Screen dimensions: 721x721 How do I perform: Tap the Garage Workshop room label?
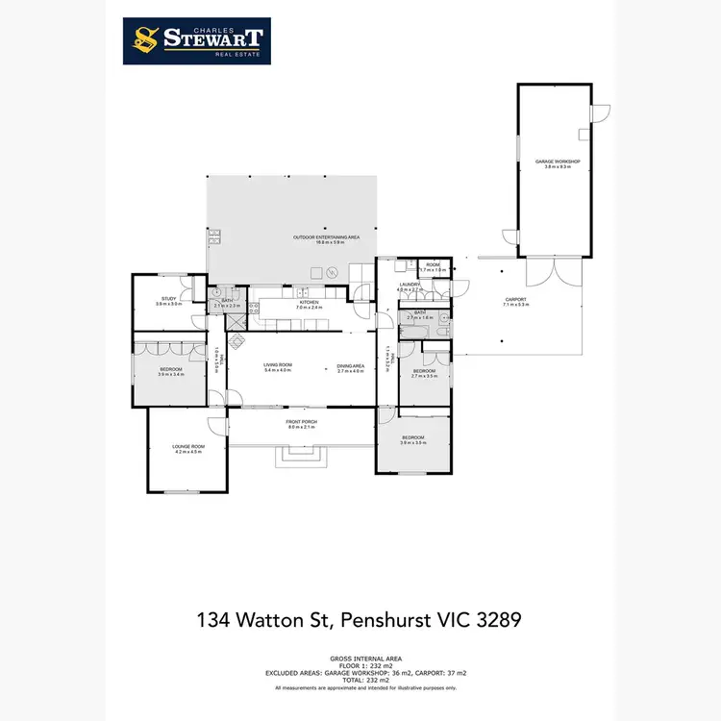pyautogui.click(x=558, y=163)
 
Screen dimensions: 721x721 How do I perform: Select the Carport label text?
pyautogui.click(x=517, y=303)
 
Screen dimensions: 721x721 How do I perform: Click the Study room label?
pyautogui.click(x=169, y=301)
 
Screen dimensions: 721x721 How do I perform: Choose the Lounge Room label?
pyautogui.click(x=188, y=449)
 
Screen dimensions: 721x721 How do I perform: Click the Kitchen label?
pyautogui.click(x=309, y=305)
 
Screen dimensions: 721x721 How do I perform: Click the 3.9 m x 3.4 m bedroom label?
pyautogui.click(x=170, y=371)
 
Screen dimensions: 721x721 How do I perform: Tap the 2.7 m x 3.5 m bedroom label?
pyautogui.click(x=424, y=373)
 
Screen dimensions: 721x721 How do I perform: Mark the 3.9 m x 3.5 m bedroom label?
pyautogui.click(x=413, y=439)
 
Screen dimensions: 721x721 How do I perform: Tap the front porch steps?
pyautogui.click(x=301, y=456)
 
